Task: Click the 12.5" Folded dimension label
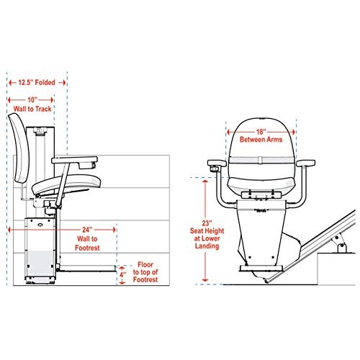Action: pyautogui.click(x=37, y=82)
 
